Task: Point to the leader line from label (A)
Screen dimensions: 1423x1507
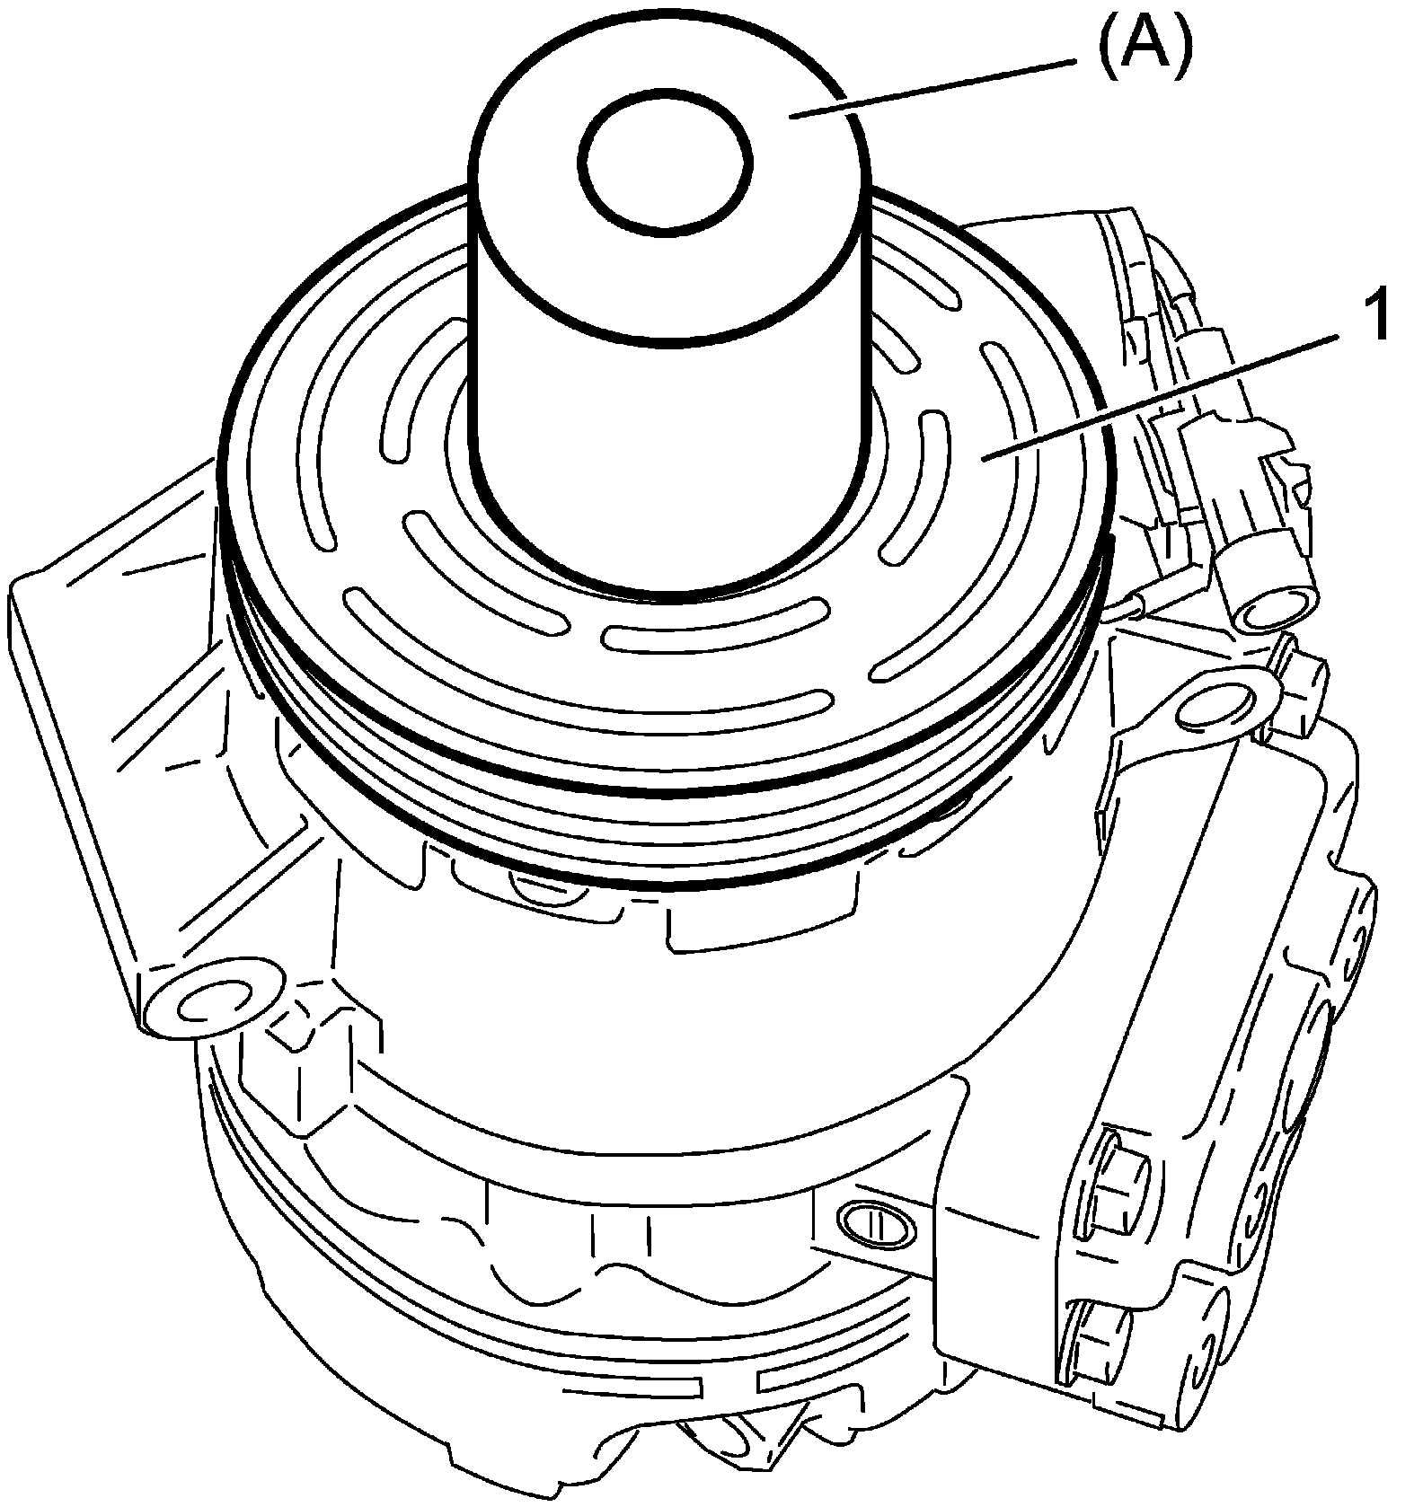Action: click(x=934, y=87)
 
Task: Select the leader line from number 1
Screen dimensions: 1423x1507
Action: click(x=1168, y=396)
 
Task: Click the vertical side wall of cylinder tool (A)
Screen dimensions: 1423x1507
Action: click(x=669, y=449)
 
